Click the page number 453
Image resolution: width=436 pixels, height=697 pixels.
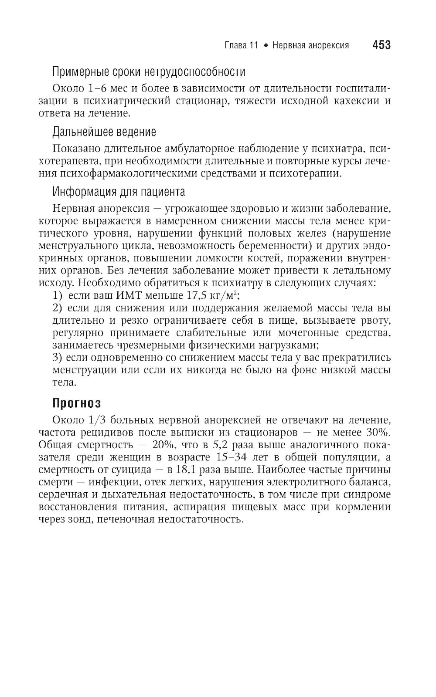click(x=381, y=45)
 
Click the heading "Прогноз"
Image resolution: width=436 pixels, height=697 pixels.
click(x=77, y=403)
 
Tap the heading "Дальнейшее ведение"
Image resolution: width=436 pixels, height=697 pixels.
click(x=104, y=132)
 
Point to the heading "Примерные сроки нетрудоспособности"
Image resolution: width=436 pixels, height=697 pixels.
click(x=149, y=71)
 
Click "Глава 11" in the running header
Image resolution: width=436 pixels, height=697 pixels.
click(x=241, y=45)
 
